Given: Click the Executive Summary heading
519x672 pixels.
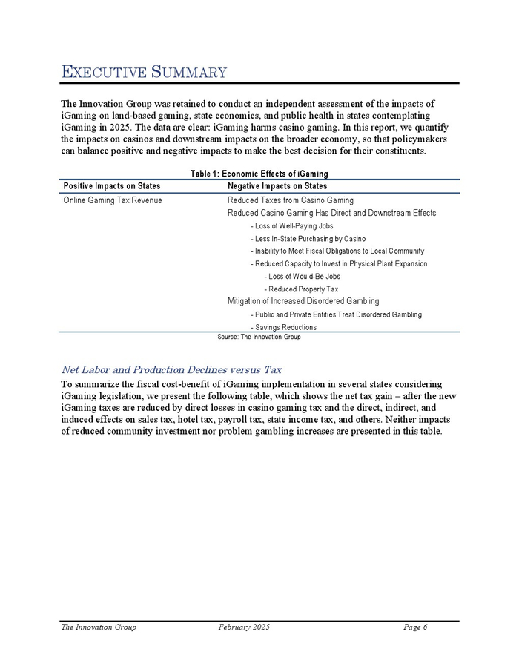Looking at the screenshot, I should tap(143, 72).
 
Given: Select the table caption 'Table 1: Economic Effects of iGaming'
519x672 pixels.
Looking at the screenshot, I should tap(259, 174).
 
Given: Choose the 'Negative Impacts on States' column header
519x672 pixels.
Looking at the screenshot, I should tap(277, 186).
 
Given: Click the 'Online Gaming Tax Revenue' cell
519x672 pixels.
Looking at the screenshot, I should tap(113, 200).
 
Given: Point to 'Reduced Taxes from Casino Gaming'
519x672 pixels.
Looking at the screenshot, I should tap(290, 200).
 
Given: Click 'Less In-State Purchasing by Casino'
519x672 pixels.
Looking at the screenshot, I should tap(308, 238).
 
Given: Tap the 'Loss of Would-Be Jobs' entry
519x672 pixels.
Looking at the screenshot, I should tap(302, 276).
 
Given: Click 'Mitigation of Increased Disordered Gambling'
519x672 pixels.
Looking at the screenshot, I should tap(303, 301).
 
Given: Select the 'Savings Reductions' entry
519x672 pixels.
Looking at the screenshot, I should tap(284, 327).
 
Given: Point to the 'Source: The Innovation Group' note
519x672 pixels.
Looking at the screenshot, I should tap(259, 337).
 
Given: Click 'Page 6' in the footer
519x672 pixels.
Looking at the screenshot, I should tap(416, 627).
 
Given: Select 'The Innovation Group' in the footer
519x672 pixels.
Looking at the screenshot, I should tap(99, 627).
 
